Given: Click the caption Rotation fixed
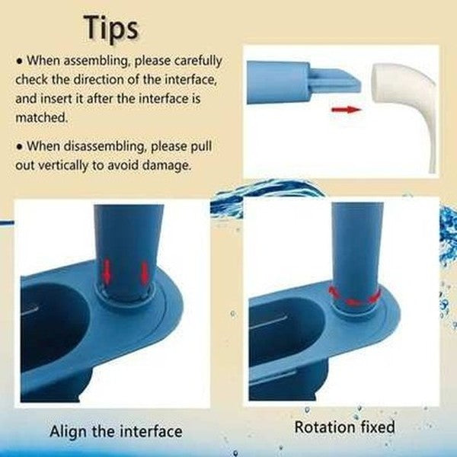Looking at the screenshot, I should click(344, 427).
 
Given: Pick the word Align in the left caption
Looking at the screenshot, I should click(69, 432).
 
